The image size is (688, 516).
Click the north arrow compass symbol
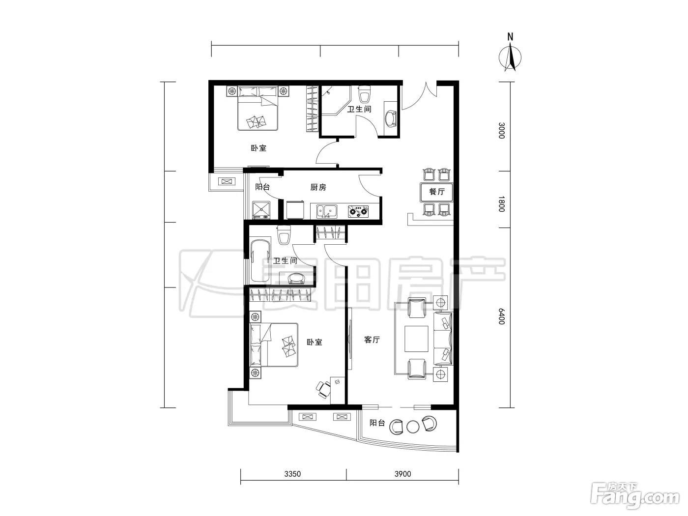[510, 57]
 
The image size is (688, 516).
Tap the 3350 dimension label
[292, 474]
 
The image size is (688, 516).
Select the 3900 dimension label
[402, 474]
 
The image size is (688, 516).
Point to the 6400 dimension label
[502, 316]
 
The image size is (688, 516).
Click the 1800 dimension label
[502, 203]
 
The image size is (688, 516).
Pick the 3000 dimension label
[502, 131]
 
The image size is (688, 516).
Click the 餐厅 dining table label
[436, 192]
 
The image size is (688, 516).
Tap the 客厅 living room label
[372, 340]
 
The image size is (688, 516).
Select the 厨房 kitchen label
[318, 187]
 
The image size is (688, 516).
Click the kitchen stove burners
[358, 211]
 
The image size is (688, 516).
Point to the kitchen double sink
[327, 211]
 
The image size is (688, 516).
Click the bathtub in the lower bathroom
[260, 260]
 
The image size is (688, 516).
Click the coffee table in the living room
[416, 339]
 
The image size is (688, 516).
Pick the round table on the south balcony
[413, 427]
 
